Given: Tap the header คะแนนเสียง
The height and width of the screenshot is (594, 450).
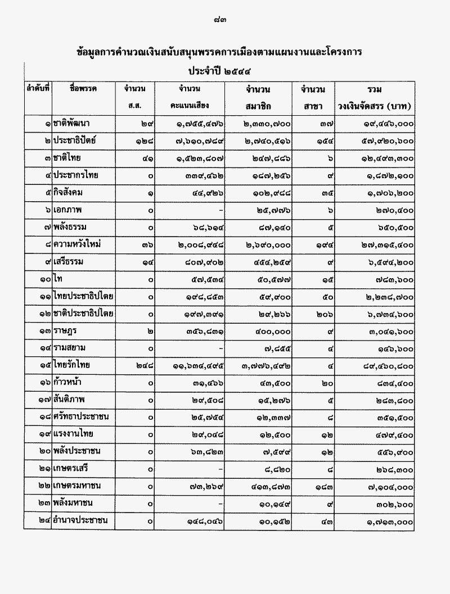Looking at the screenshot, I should click(x=190, y=106).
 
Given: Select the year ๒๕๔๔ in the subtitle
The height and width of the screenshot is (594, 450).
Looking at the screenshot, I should click(x=237, y=71).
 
